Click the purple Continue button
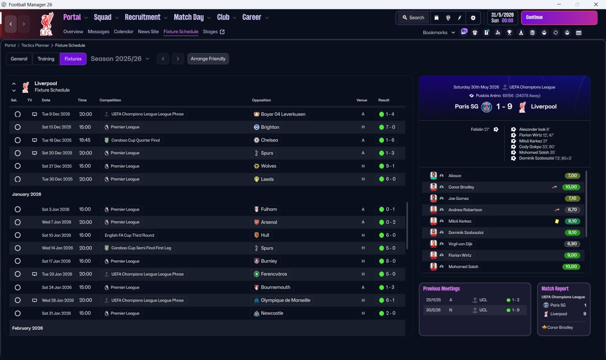click(559, 18)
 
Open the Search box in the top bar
click(413, 18)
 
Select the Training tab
click(46, 59)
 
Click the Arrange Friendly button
click(208, 59)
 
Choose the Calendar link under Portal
click(124, 32)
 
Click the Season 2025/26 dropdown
click(120, 59)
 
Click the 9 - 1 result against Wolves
click(388, 166)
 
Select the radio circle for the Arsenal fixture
click(18, 222)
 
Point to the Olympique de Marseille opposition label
click(282, 300)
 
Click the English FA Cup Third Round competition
click(129, 235)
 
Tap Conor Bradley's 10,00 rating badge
click(571, 187)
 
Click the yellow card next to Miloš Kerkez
click(557, 221)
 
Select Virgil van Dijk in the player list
click(460, 244)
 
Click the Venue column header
click(362, 100)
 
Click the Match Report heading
click(555, 288)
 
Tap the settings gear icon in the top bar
click(472, 18)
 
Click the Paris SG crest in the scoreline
click(486, 107)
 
